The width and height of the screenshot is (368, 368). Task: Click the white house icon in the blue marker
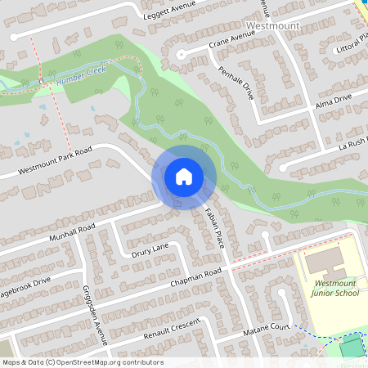[x=183, y=176]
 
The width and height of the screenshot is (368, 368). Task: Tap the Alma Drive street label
[x=333, y=101]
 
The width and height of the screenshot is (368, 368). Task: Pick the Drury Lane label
[x=149, y=249]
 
